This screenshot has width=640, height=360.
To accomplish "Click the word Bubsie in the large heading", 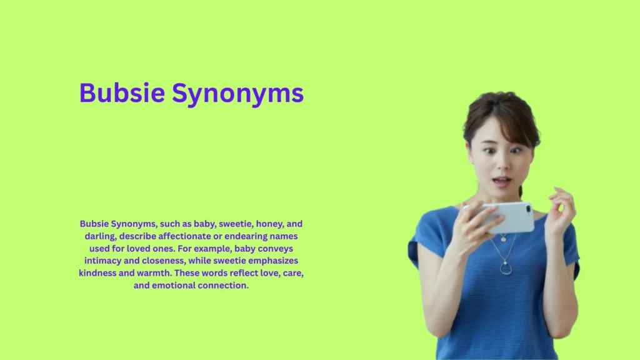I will (x=122, y=93).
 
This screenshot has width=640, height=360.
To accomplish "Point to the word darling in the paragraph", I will (x=102, y=236).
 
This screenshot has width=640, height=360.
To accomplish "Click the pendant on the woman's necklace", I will (x=506, y=268).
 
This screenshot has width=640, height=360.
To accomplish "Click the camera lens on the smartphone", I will (x=527, y=208).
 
